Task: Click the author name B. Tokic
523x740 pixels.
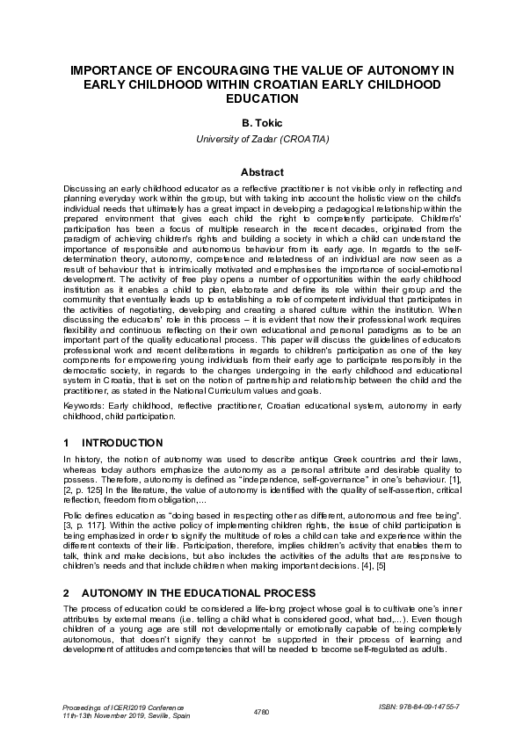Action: click(261, 125)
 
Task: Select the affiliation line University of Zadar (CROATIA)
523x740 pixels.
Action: click(261, 140)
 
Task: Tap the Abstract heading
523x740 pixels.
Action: click(261, 172)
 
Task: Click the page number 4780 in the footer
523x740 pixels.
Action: click(261, 710)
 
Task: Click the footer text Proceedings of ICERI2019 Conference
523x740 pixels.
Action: click(121, 706)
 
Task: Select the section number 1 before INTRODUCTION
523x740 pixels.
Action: click(68, 443)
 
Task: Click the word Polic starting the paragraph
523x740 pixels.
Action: click(76, 513)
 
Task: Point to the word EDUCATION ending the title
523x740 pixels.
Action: click(261, 98)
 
